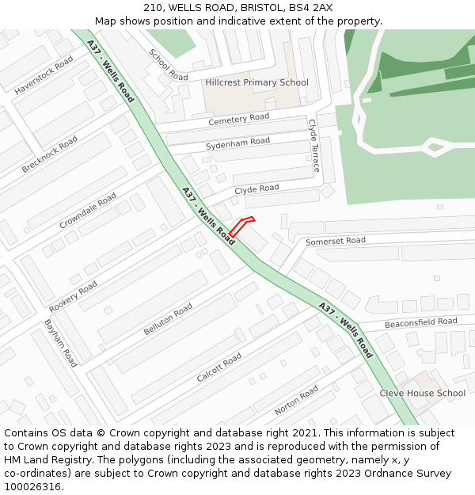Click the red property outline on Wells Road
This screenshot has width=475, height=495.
[x=241, y=226]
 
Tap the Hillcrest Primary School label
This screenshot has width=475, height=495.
[x=256, y=82]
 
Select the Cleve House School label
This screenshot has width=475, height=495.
[x=422, y=393]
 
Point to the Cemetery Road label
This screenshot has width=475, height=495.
[x=239, y=119]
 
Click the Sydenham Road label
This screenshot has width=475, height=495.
[x=237, y=143]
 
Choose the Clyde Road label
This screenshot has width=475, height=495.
[x=256, y=189]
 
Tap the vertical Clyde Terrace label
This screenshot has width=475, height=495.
[x=313, y=146]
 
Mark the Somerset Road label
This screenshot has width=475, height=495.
[x=336, y=241]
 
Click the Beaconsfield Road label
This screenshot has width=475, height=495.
[x=420, y=322]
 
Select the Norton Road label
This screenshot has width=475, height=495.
[x=296, y=401]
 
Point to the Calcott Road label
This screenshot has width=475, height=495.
[x=219, y=367]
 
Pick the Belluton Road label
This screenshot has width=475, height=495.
[x=168, y=319]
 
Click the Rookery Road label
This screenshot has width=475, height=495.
[x=73, y=296]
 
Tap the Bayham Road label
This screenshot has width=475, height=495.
[x=60, y=343]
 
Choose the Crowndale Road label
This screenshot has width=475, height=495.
[x=88, y=211]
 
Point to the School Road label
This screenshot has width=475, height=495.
[x=169, y=64]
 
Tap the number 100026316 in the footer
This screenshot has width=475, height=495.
[x=33, y=486]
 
